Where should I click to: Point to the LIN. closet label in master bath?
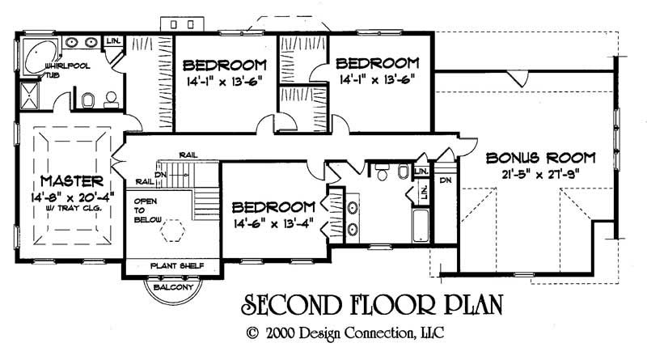115,40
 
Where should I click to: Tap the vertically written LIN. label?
422,193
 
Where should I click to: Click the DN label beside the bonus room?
446,181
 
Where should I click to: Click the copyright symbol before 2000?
252,332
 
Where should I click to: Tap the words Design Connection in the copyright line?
365,332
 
